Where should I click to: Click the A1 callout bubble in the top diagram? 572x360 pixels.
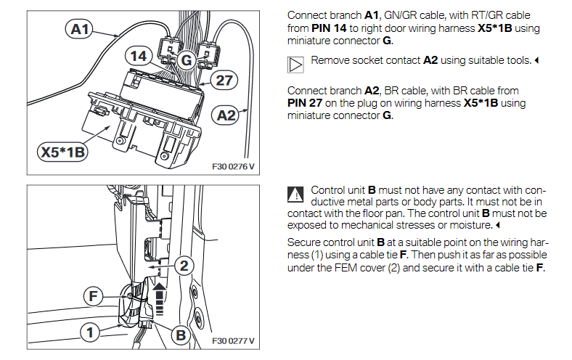click(80, 29)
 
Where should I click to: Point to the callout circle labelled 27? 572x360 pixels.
click(224, 80)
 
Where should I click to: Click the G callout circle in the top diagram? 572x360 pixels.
click(186, 61)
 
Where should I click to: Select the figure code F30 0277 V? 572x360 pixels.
click(232, 340)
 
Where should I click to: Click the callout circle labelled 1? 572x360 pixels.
click(90, 333)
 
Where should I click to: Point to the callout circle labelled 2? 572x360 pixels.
click(184, 266)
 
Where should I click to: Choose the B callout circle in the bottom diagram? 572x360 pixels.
click(180, 335)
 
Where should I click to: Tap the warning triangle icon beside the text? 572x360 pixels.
click(295, 194)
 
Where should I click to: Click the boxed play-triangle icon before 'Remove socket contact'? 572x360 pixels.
click(295, 64)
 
